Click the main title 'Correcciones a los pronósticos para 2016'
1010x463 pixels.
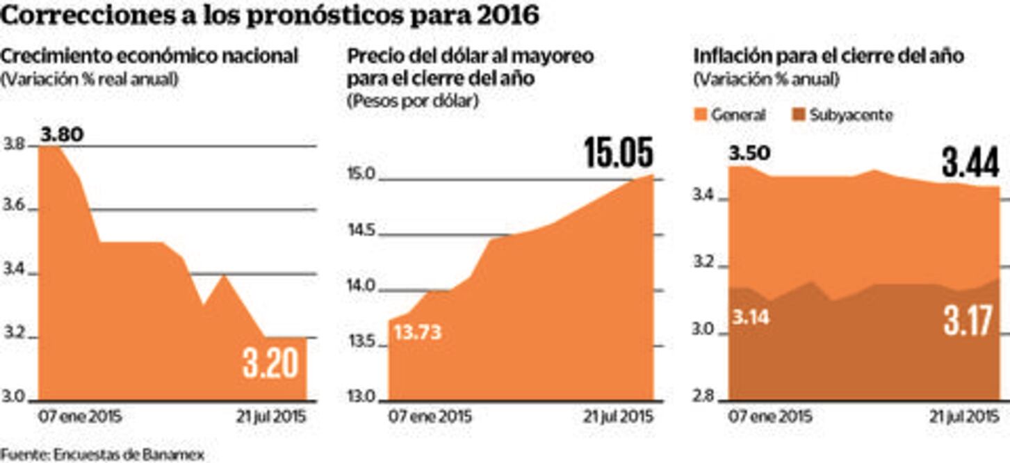[x=270, y=15]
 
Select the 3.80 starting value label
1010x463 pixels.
[x=61, y=133]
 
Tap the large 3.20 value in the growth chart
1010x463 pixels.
[x=270, y=363]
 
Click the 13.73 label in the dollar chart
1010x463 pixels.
[x=417, y=332]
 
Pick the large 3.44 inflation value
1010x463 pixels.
[x=970, y=164]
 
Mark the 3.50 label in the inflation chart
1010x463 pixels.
[x=750, y=152]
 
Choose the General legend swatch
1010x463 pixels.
[x=700, y=115]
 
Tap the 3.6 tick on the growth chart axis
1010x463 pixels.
[x=14, y=209]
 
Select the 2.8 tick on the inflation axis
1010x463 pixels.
[x=705, y=398]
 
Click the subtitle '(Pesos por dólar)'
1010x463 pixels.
[x=412, y=100]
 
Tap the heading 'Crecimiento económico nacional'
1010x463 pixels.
[x=150, y=56]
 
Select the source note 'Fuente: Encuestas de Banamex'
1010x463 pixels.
[x=102, y=455]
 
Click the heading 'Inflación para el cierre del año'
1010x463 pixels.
[x=829, y=56]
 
